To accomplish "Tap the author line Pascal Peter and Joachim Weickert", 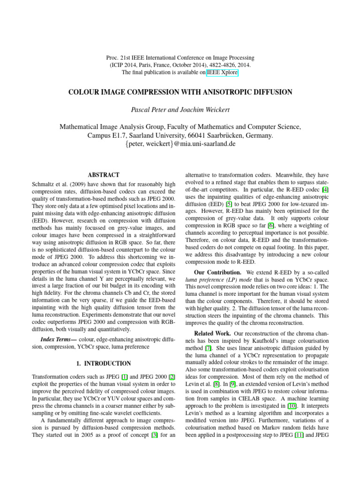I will (x=180, y=110).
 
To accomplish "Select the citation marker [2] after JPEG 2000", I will (x=172, y=376).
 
